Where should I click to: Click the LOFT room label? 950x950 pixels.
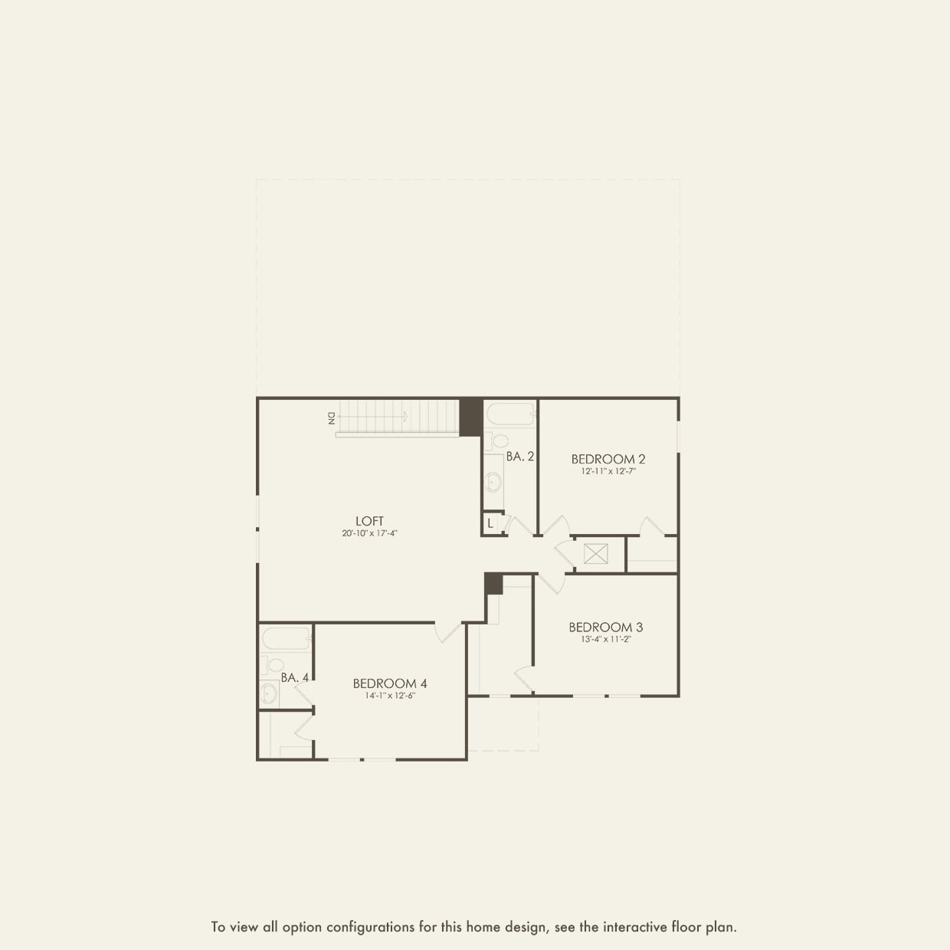(369, 521)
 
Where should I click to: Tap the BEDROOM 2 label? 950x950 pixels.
(608, 459)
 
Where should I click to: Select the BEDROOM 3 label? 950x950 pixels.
(605, 627)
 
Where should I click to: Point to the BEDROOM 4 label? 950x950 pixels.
(390, 683)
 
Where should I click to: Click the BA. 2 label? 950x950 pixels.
(519, 457)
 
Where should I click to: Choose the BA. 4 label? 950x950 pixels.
(295, 678)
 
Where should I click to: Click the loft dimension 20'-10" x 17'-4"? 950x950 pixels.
(369, 533)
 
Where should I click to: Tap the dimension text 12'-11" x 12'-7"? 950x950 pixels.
(608, 472)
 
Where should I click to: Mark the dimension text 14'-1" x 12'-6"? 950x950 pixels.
(390, 696)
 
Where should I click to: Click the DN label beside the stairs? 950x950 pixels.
(331, 418)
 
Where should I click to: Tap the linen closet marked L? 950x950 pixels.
(490, 524)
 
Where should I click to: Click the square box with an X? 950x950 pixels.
(595, 553)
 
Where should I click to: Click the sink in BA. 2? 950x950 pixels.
(494, 481)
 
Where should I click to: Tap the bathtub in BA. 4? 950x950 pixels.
(285, 638)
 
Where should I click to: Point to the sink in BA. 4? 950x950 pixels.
(270, 693)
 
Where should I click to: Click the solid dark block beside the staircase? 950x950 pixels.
(470, 417)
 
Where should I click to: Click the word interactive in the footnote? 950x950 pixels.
(635, 927)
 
